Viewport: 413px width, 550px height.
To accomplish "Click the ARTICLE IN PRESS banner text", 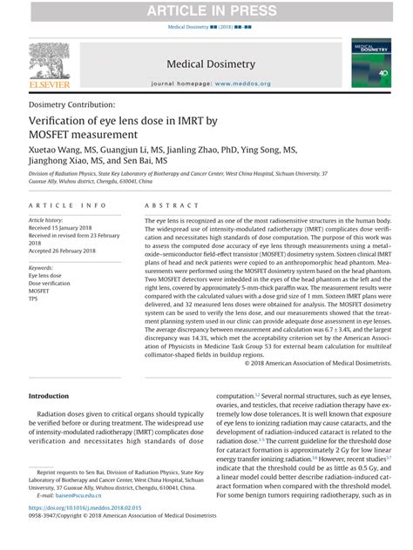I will click(206, 10).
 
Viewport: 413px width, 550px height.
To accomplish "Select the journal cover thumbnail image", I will click(371, 63).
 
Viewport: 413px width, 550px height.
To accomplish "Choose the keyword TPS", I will click(34, 300).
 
